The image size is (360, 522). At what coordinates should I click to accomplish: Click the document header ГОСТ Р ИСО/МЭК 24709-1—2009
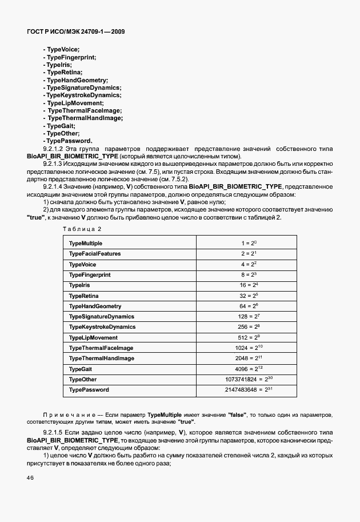75,32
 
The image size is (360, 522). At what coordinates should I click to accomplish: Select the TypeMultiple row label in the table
86,244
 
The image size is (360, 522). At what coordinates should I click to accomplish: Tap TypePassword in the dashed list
67,141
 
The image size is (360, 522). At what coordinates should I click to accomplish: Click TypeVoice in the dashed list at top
62,50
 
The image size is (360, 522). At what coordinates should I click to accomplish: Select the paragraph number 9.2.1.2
54,149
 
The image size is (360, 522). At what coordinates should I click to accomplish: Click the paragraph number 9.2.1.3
54,164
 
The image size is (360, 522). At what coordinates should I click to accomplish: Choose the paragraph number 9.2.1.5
54,428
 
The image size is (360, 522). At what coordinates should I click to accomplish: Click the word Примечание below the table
65,413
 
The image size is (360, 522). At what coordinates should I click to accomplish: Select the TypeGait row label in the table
81,369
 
